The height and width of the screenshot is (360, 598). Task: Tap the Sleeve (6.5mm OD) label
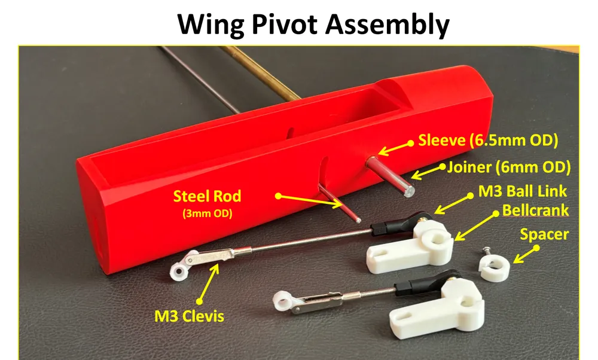click(x=488, y=141)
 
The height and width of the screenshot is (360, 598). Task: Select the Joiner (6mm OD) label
click(x=509, y=167)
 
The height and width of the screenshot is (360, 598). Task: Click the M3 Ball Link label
click(x=523, y=191)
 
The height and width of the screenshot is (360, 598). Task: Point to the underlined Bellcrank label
click(x=535, y=210)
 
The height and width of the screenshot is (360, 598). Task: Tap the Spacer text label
click(x=544, y=234)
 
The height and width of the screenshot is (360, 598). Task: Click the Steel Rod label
click(x=207, y=196)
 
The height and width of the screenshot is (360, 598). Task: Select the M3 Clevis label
click(x=189, y=316)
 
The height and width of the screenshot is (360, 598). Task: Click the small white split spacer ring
click(x=495, y=268)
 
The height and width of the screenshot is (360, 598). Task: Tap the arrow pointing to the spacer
click(x=525, y=255)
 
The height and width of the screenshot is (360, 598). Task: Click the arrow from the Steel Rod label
click(x=310, y=202)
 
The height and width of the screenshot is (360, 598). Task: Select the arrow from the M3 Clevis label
click(x=209, y=283)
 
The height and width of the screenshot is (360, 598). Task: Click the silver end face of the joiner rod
click(x=409, y=190)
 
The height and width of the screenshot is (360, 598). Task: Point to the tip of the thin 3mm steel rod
click(x=358, y=220)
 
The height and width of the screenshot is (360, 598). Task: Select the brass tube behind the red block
click(x=260, y=73)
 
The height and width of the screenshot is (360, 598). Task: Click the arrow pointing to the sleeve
click(x=395, y=148)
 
